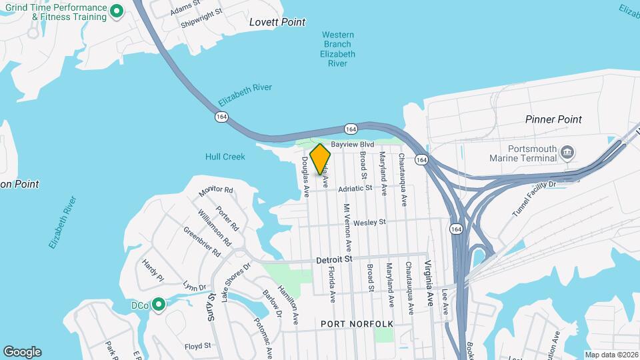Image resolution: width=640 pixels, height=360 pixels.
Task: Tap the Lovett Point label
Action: pyautogui.click(x=277, y=22)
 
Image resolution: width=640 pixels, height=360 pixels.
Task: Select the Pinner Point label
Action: pyautogui.click(x=553, y=119)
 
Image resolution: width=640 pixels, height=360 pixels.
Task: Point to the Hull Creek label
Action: pyautogui.click(x=225, y=157)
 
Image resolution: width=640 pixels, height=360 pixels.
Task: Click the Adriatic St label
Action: pyautogui.click(x=355, y=189)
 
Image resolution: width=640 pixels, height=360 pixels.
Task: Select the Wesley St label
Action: pyautogui.click(x=370, y=223)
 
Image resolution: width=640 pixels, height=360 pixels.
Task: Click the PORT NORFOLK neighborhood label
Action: pyautogui.click(x=357, y=324)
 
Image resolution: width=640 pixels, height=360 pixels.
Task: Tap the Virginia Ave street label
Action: pyautogui.click(x=429, y=283)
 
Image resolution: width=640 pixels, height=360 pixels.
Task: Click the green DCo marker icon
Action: pyautogui.click(x=158, y=305)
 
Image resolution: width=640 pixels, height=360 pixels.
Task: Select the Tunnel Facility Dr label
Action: pyautogui.click(x=533, y=197)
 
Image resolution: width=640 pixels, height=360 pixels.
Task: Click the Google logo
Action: pyautogui.click(x=21, y=352)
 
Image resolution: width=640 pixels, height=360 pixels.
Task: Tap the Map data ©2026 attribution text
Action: pyautogui.click(x=611, y=355)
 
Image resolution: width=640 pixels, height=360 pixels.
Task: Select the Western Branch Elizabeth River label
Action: pyautogui.click(x=337, y=49)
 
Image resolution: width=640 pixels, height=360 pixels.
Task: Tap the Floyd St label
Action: pyautogui.click(x=197, y=346)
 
